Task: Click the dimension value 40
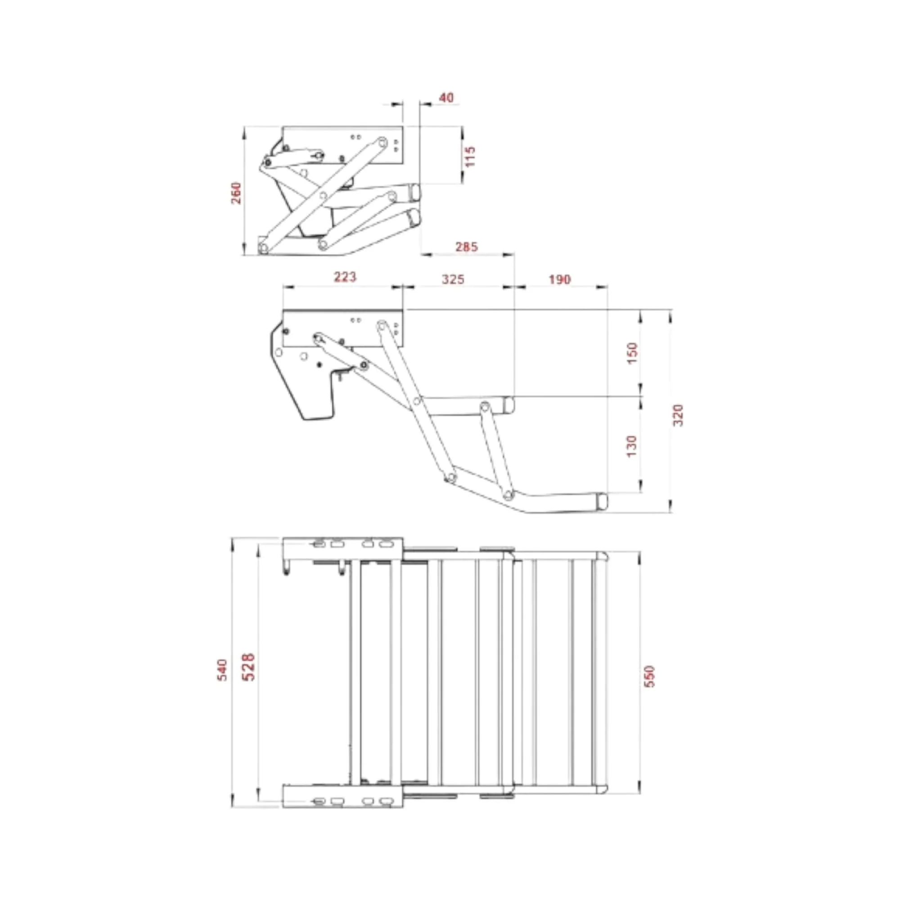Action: (446, 98)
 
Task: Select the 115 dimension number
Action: (471, 157)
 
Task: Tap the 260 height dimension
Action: (236, 193)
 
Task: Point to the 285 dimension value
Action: (466, 247)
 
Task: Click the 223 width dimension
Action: (345, 277)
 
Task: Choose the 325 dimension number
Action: (453, 279)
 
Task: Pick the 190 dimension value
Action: (559, 279)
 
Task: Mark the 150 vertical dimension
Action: (632, 353)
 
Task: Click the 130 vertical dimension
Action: (632, 446)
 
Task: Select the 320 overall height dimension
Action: (678, 415)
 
